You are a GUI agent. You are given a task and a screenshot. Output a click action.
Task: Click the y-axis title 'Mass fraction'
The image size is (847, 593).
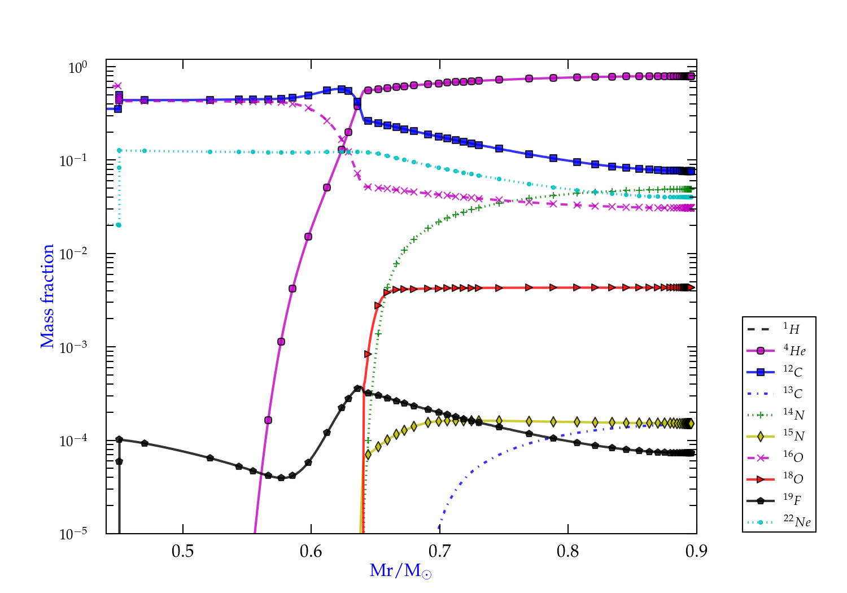tap(47, 296)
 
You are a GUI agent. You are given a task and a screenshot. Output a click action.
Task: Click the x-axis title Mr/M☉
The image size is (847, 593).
tap(400, 571)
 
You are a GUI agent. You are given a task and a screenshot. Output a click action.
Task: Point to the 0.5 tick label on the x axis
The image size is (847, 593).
tap(182, 551)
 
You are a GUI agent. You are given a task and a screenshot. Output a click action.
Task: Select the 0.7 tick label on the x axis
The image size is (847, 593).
tap(439, 551)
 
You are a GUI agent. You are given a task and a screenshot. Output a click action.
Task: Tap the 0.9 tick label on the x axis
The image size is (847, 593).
tap(696, 551)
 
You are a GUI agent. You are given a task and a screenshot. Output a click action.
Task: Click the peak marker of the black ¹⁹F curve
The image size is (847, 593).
tap(357, 388)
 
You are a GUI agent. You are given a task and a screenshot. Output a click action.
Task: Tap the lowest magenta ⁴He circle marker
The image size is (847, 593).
tap(268, 420)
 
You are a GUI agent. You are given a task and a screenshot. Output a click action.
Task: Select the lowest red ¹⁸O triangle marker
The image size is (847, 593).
tap(368, 354)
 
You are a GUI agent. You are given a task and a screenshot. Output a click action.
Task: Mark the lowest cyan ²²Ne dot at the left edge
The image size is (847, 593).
tap(119, 225)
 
